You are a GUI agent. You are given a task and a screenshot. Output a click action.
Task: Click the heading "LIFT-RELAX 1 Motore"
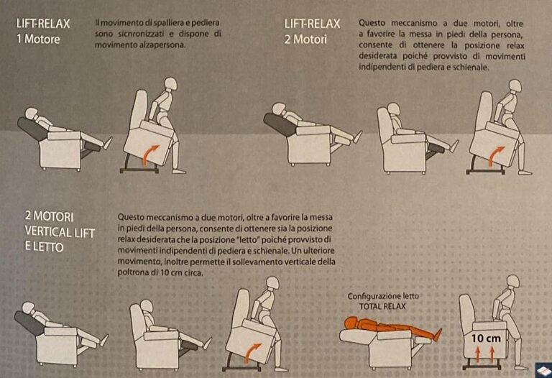coord(43,31)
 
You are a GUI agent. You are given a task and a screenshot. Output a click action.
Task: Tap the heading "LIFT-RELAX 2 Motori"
coord(312,32)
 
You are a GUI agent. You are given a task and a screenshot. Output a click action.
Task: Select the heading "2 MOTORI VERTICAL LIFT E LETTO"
coord(60,231)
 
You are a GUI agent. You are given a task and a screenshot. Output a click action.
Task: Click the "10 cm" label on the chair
coord(486,338)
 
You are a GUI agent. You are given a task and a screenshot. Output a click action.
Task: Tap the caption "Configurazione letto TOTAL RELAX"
coord(383,301)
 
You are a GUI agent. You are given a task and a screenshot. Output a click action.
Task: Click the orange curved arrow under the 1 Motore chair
coord(149,154)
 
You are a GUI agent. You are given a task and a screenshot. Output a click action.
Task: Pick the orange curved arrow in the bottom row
coord(252,352)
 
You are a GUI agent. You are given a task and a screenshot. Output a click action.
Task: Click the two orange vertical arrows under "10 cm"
coord(484,354)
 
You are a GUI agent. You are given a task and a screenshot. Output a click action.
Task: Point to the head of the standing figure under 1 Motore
coord(171,83)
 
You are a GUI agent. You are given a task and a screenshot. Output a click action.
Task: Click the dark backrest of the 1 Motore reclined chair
coord(32,129)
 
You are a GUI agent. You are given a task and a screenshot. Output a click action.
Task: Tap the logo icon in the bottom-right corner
coord(544,370)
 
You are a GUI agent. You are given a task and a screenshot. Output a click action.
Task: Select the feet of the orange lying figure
coord(438,334)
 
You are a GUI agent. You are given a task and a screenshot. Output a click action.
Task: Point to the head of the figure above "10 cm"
coord(512,281)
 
